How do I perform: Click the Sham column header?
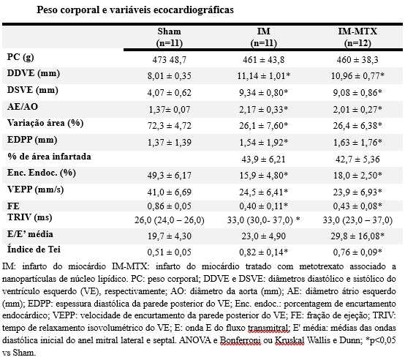click(x=170, y=37)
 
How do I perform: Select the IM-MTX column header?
click(x=357, y=37)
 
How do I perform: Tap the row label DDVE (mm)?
click(x=34, y=73)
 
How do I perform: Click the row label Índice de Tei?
click(x=34, y=250)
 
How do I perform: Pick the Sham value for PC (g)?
click(x=169, y=60)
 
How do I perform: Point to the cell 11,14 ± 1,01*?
click(x=264, y=76)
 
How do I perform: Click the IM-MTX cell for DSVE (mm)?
click(x=357, y=92)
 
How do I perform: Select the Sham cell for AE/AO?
click(x=169, y=109)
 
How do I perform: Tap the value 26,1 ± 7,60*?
click(x=263, y=126)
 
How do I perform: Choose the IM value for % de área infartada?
click(x=263, y=159)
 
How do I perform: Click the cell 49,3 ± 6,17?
click(x=170, y=176)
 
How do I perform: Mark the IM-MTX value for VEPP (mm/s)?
click(x=357, y=192)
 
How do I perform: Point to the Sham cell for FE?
click(x=170, y=206)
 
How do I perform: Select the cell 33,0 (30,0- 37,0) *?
click(x=264, y=220)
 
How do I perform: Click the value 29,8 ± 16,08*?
click(x=357, y=236)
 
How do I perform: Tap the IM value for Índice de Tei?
click(x=263, y=252)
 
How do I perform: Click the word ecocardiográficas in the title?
click(x=194, y=10)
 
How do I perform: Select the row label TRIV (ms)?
click(x=30, y=217)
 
